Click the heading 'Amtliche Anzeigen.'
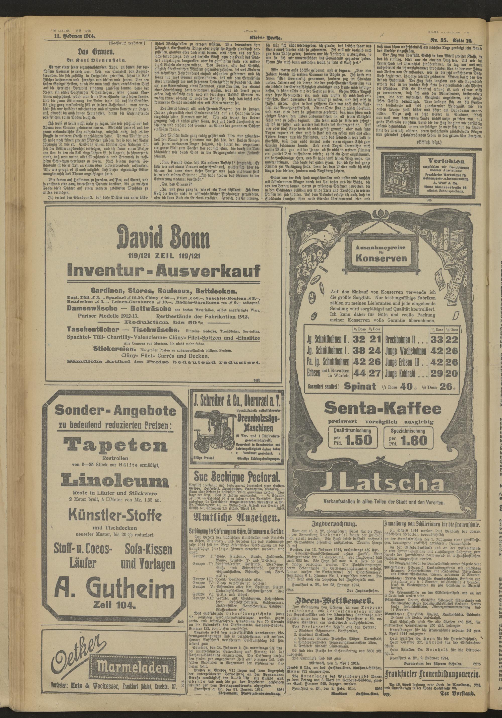tap(237, 517)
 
